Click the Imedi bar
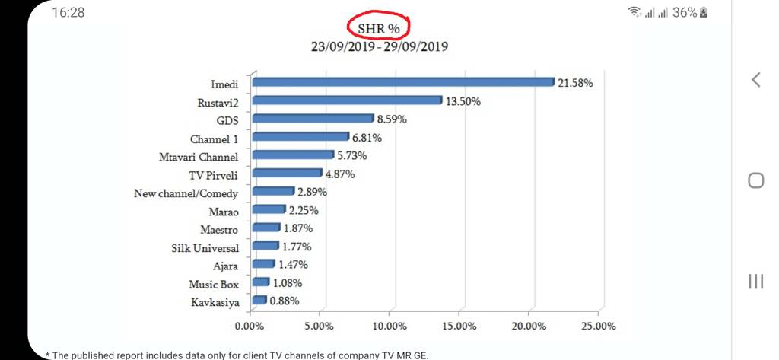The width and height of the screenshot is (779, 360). click(403, 82)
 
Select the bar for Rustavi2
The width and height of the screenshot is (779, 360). click(347, 100)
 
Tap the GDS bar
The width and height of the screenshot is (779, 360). click(313, 119)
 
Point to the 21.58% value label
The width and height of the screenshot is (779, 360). click(575, 83)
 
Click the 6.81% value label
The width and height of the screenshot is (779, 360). click(367, 138)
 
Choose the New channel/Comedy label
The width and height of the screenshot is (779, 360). click(186, 193)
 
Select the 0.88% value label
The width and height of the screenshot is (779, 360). click(284, 301)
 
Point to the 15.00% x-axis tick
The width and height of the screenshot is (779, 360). click(459, 326)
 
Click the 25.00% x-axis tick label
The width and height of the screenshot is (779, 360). click(599, 326)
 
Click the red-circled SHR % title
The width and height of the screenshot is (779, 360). click(379, 27)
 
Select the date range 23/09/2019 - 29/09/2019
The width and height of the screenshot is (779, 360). click(379, 46)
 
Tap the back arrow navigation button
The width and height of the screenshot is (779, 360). click(755, 79)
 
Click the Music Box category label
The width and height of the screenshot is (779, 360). click(214, 285)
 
